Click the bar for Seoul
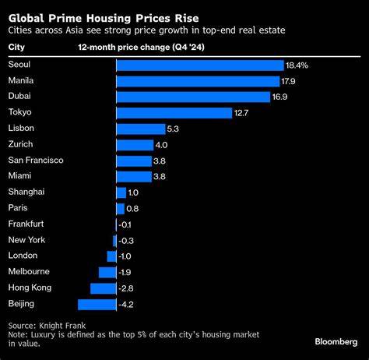pos(199,65)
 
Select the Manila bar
pos(197,81)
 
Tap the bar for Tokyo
pos(173,113)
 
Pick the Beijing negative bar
pos(97,304)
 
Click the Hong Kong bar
pos(103,288)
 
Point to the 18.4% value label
pos(297,65)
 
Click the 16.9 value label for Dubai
pos(291,97)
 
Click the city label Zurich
pos(20,145)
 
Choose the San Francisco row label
pos(35,161)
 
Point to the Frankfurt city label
pos(26,224)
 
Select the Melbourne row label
pos(28,272)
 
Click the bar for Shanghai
pos(121,192)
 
